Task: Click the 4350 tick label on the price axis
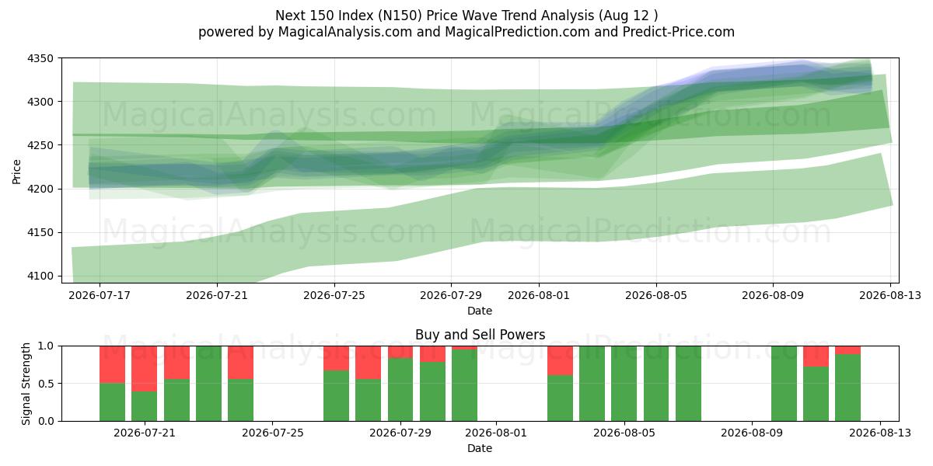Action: coord(40,59)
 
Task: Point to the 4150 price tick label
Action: coord(40,232)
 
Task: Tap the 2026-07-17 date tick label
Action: coord(100,295)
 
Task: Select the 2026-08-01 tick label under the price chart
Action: coord(539,295)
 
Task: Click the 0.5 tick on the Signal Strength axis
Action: coord(46,384)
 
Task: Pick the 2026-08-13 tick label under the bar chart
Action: coord(880,433)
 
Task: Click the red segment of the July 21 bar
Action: coord(144,369)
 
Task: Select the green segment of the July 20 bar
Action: coord(112,402)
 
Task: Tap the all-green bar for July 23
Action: coord(208,384)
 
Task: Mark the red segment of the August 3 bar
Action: coord(560,360)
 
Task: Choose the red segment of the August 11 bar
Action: coord(816,356)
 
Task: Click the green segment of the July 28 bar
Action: coord(369,400)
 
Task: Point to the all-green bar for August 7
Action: coord(688,384)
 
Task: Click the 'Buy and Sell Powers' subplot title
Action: coord(480,335)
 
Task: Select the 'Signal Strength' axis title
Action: coord(26,384)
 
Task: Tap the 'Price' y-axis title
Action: coord(16,172)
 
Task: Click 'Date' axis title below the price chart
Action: coord(480,311)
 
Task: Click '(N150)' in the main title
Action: coord(400,16)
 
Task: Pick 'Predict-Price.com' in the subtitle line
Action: coord(679,32)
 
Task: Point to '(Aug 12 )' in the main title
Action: coord(628,16)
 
